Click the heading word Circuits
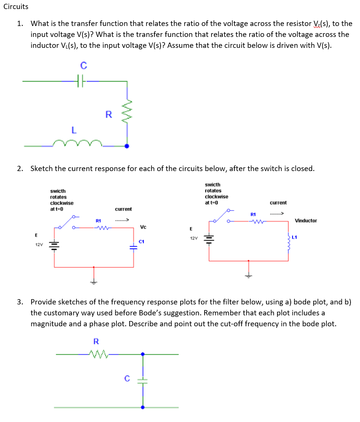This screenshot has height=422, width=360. pos(16,6)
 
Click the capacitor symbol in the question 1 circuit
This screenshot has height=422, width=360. pos(80,81)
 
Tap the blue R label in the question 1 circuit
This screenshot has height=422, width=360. pos(108,115)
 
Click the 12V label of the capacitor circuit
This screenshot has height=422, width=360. pos(39,245)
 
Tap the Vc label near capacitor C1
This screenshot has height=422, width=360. pos(143,227)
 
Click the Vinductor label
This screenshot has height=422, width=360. pos(306,220)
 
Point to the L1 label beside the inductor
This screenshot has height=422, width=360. pos(294,237)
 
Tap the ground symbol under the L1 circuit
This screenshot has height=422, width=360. pos(248,276)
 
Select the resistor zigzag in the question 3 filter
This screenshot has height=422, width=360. pos(98,354)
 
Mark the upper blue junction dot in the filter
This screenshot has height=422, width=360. pos(142,354)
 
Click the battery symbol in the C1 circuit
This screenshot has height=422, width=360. pos(54,245)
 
